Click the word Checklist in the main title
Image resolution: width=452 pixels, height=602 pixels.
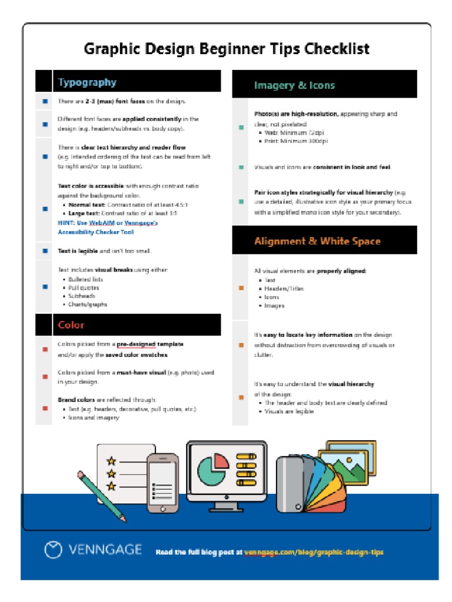[x=337, y=48]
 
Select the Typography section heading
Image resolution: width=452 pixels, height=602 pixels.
[x=87, y=82]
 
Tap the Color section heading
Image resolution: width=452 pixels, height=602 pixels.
[x=71, y=325]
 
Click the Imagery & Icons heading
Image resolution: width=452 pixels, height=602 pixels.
[x=294, y=85]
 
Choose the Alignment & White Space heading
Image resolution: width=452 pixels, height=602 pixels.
[x=317, y=241]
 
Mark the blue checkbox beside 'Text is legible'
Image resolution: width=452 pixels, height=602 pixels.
[x=45, y=251]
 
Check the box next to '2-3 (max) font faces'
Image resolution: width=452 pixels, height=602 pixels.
[x=45, y=101]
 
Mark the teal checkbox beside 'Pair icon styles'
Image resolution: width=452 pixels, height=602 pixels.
[x=241, y=202]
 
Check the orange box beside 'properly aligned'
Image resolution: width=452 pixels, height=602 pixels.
[x=241, y=288]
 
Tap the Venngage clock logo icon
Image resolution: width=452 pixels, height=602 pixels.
[x=54, y=550]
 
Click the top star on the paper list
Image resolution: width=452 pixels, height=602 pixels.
[x=111, y=460]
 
